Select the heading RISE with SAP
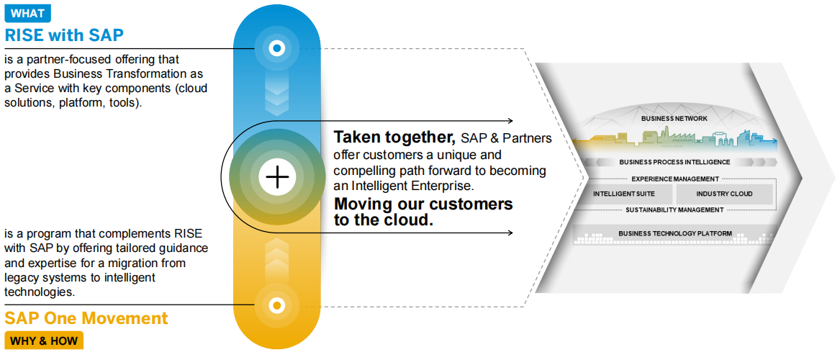64,35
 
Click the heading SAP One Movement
86,318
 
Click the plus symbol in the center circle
276,176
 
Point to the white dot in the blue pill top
276,49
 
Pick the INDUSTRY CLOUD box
723,194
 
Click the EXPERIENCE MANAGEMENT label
674,179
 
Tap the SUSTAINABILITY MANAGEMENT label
674,210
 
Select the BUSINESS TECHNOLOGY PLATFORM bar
674,233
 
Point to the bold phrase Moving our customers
423,204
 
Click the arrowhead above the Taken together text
510,121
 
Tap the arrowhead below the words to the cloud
510,233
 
